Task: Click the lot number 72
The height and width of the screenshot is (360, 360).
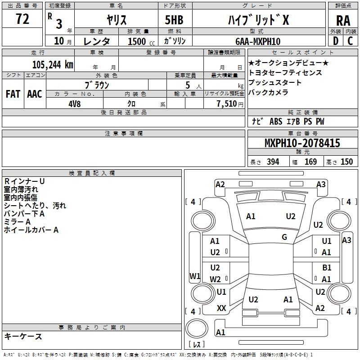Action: tap(22, 19)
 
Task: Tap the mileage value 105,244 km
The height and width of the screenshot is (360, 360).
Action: tap(53, 64)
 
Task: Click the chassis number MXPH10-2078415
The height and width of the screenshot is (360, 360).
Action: tap(302, 144)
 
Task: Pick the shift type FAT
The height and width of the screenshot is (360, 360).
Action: tap(13, 94)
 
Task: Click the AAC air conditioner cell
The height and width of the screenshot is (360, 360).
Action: tap(34, 94)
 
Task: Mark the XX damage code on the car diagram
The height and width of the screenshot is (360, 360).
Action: tap(221, 308)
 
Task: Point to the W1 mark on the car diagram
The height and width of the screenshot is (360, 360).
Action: tap(194, 276)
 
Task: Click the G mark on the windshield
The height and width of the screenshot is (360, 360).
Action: tap(284, 237)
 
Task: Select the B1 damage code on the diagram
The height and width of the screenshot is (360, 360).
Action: tap(327, 267)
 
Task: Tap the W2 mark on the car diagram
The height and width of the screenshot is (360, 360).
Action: tap(215, 279)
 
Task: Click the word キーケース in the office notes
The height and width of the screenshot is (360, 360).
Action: tap(23, 336)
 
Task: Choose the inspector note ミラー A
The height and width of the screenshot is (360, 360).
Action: tap(17, 222)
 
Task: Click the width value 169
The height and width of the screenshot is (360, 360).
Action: tap(310, 162)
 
